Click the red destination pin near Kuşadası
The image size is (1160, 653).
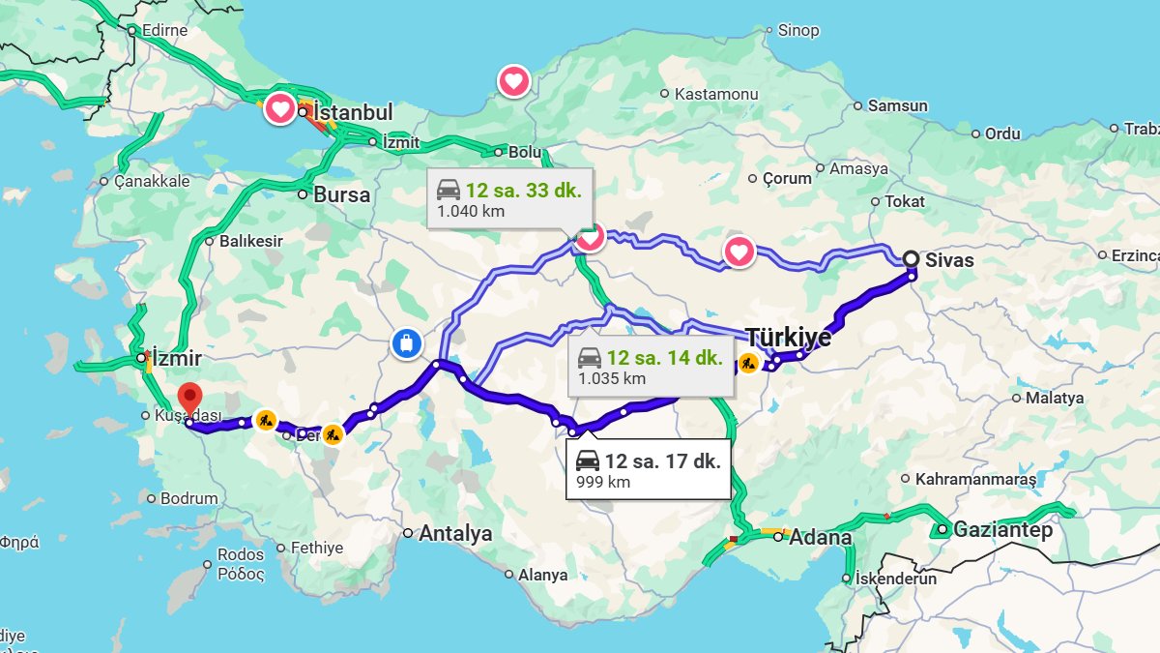click(x=190, y=398)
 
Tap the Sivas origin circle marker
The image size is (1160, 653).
click(x=911, y=258)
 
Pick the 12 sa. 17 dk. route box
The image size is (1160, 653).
click(x=647, y=469)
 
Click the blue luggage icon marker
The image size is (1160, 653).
click(x=406, y=342)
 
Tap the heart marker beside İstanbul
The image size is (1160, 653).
click(x=279, y=109)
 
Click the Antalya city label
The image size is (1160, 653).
click(x=454, y=533)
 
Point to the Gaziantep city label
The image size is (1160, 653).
click(x=1001, y=530)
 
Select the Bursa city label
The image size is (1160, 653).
click(x=341, y=194)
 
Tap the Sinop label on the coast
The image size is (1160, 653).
click(x=798, y=30)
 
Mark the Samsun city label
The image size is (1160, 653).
click(x=897, y=105)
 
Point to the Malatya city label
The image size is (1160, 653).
click(x=1054, y=398)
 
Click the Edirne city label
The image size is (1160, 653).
click(x=164, y=30)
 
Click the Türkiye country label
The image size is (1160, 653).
click(x=788, y=338)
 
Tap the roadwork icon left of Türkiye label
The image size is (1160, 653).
click(x=748, y=364)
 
